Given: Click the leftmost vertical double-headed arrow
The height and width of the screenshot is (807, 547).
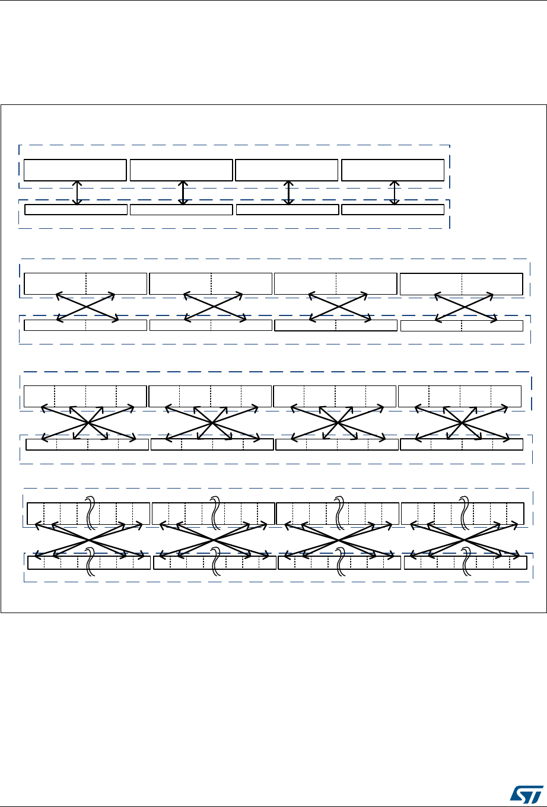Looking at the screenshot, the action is click(77, 193).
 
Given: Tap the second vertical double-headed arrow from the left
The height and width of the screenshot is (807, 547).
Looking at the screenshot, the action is click(183, 193).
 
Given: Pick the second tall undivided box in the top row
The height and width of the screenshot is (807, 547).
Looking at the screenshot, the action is click(181, 170).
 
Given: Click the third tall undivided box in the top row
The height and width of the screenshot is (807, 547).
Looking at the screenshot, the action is click(287, 170).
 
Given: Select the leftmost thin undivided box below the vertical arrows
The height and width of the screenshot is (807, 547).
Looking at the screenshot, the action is click(76, 209).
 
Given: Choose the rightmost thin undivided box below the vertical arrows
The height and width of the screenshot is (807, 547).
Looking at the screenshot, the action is click(393, 209).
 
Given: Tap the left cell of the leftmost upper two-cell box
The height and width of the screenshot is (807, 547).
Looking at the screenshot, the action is click(55, 283).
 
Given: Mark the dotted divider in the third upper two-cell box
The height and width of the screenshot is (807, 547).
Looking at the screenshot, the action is click(336, 283).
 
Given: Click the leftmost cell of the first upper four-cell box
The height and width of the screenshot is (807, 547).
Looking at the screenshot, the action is click(39, 395).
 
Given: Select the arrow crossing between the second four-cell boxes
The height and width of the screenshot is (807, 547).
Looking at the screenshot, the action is click(212, 422).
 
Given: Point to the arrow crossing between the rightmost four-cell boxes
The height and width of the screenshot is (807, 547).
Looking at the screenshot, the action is click(462, 422).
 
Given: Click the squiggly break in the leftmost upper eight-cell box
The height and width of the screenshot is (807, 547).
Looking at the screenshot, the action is click(91, 511).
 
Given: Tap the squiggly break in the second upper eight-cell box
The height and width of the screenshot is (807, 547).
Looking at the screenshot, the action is click(215, 511).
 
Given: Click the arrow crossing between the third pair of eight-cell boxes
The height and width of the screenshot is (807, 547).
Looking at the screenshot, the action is click(339, 540).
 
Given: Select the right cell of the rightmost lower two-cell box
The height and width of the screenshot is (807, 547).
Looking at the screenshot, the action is click(492, 326).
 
